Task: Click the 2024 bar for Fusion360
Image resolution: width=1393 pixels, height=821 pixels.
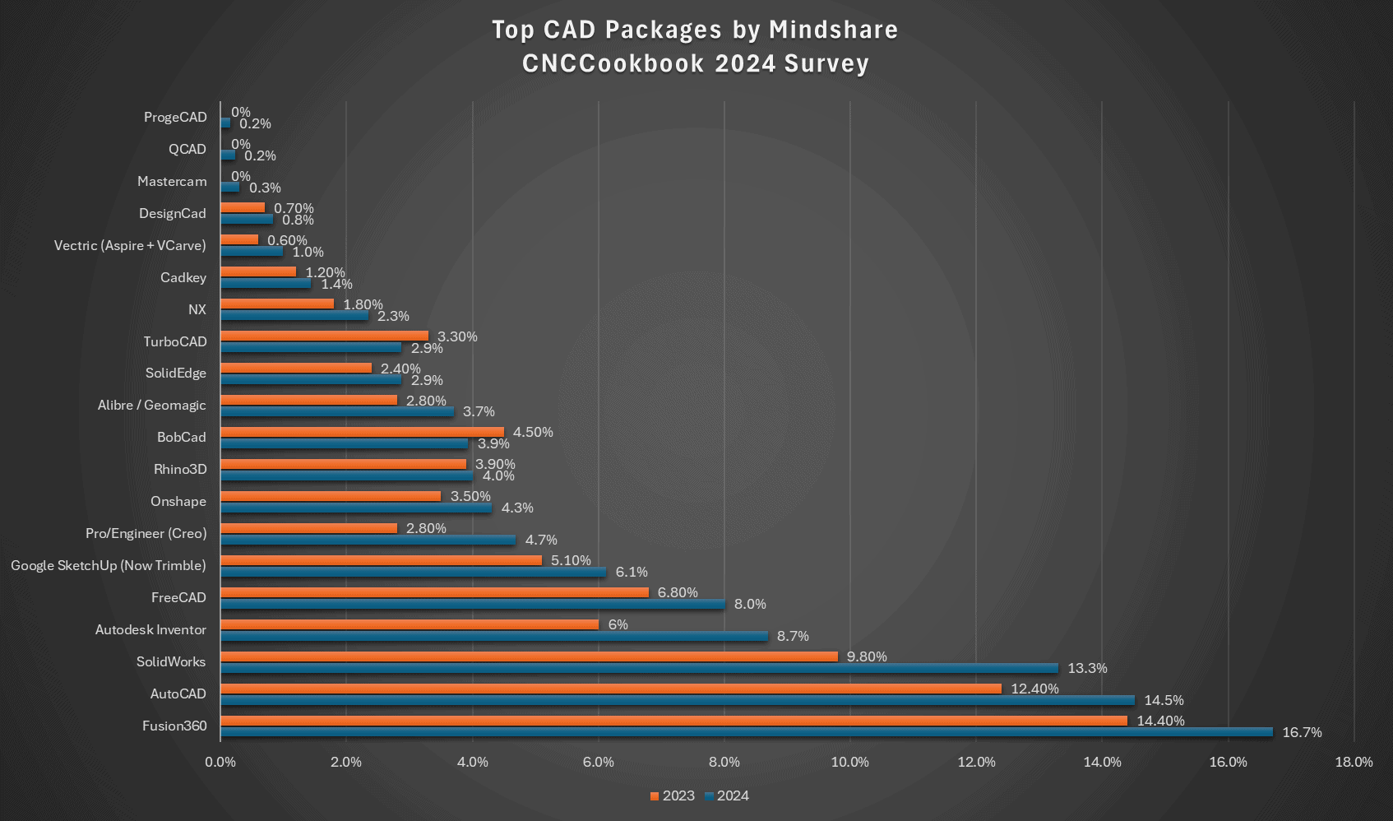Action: [x=746, y=732]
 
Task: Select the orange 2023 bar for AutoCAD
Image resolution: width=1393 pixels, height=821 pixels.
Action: [x=610, y=689]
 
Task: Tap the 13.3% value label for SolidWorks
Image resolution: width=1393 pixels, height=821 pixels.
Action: [x=1087, y=668]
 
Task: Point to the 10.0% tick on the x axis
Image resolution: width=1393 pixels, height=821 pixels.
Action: [x=849, y=762]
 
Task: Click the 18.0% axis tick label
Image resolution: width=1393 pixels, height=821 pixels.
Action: [x=1354, y=762]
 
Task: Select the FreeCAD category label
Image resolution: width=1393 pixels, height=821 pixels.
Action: [x=178, y=597]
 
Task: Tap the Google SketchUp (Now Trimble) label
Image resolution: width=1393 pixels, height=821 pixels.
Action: [x=109, y=565]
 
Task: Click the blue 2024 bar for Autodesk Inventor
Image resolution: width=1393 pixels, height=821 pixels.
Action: [x=493, y=636]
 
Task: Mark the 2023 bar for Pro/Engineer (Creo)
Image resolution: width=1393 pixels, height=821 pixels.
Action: [x=308, y=528]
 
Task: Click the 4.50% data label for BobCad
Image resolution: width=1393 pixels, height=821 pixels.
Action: [x=533, y=432]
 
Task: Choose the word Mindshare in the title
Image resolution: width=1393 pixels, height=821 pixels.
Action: [x=833, y=30]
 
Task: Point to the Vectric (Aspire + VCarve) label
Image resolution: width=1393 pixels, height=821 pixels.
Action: [x=130, y=245]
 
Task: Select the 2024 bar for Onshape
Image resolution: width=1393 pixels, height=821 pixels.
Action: [x=355, y=508]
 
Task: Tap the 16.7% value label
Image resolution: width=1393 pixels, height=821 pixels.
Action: [x=1302, y=732]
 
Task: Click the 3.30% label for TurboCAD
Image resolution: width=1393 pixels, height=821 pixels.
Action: [x=457, y=336]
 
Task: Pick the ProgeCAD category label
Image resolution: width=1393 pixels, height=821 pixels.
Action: [x=175, y=117]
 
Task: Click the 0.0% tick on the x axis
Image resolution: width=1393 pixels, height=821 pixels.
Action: [x=220, y=762]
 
